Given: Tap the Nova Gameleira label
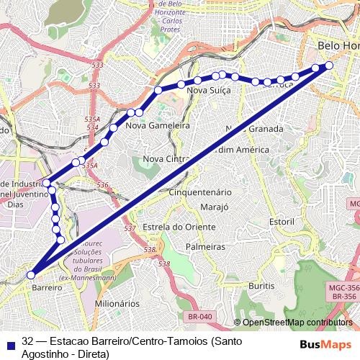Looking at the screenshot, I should pos(157,125).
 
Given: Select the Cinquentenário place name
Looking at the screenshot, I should pos(199,192).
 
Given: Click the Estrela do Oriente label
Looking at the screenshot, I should pos(179,228).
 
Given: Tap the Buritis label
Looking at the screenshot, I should pos(261,286).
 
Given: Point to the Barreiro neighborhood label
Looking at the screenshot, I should pos(48,287).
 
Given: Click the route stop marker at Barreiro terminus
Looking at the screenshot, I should pos(31,274).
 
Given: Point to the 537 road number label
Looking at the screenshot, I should pos(130,228).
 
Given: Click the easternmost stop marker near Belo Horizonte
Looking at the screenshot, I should pos(329,66).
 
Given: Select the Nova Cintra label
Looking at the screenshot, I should pos(166,158).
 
